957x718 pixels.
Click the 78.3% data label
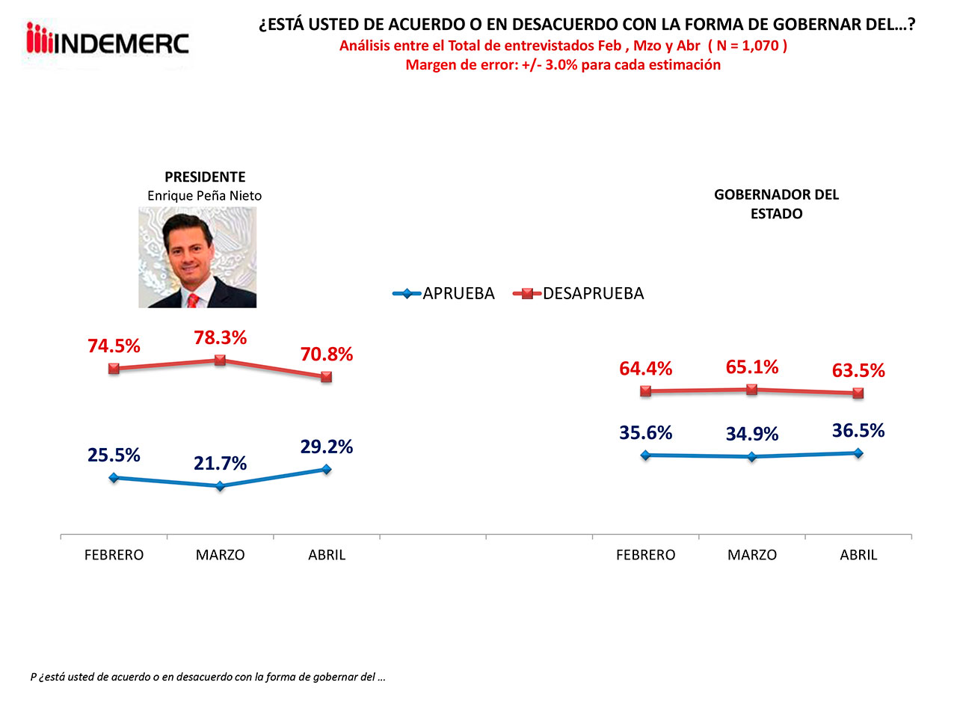point(220,338)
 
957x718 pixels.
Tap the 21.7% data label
point(220,464)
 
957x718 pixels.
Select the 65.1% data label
point(752,367)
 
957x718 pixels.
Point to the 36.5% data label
point(858,431)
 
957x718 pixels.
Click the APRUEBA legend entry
point(444,293)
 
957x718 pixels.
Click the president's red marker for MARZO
point(220,360)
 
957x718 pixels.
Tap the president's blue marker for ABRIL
point(327,469)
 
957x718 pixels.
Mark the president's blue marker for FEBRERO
point(114,477)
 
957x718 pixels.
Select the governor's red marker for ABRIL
point(858,393)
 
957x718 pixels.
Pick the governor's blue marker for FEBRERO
point(646,455)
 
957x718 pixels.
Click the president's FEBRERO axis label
point(114,555)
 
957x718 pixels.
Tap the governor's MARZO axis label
point(752,555)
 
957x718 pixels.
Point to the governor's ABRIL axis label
point(858,555)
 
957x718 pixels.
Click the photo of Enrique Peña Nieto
point(197,257)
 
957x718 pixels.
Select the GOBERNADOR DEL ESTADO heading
point(776,203)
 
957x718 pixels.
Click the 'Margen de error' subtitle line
point(563,65)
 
